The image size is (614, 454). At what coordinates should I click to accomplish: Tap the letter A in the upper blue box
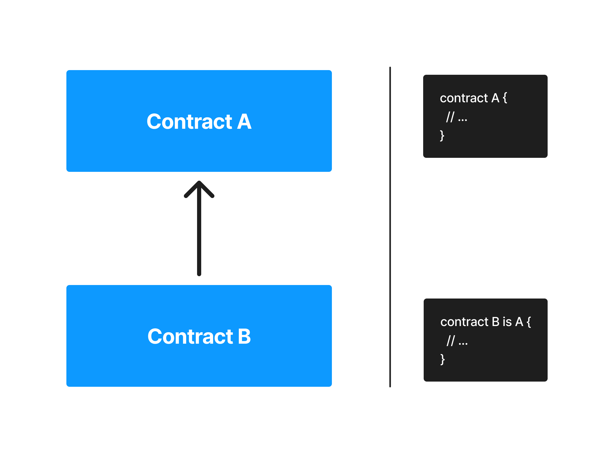click(244, 122)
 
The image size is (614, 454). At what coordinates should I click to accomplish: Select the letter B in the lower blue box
click(244, 337)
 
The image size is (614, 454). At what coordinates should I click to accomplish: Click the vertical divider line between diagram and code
click(390, 227)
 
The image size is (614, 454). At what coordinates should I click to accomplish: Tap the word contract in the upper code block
click(464, 98)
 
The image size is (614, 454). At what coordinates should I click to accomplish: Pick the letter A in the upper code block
click(495, 98)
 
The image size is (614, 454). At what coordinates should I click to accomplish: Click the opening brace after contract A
click(505, 98)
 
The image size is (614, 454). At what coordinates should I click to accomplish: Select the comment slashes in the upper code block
click(450, 117)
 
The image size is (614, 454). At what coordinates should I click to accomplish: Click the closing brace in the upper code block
click(442, 136)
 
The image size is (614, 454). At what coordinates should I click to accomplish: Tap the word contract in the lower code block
click(464, 322)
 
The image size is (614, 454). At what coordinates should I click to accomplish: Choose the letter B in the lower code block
click(496, 322)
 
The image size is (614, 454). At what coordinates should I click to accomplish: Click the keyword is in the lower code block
click(507, 322)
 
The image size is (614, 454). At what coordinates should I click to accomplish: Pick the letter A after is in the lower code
click(519, 322)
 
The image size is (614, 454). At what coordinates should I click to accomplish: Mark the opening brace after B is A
click(529, 322)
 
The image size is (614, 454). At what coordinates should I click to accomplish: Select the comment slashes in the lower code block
click(451, 341)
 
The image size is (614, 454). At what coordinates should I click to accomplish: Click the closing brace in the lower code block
click(442, 360)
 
